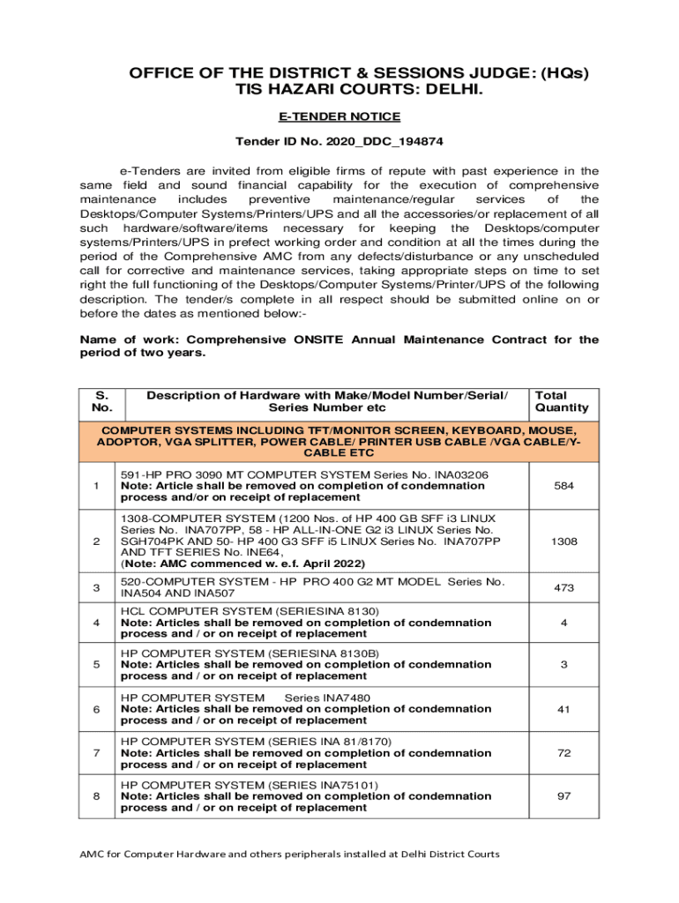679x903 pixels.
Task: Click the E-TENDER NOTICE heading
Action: point(339,116)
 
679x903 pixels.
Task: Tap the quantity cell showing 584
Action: point(562,486)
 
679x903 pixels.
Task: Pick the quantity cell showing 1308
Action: point(562,541)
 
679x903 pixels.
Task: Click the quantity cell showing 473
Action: point(562,588)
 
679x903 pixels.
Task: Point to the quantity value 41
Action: point(562,709)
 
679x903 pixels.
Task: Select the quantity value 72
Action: point(562,753)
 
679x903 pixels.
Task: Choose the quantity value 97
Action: point(562,796)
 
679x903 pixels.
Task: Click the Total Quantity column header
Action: point(562,401)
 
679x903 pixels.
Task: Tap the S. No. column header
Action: point(96,401)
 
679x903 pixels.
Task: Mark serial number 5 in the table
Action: point(96,665)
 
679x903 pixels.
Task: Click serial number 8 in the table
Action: point(96,796)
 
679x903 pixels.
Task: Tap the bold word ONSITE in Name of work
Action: point(323,340)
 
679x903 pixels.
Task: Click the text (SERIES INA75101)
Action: point(324,785)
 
